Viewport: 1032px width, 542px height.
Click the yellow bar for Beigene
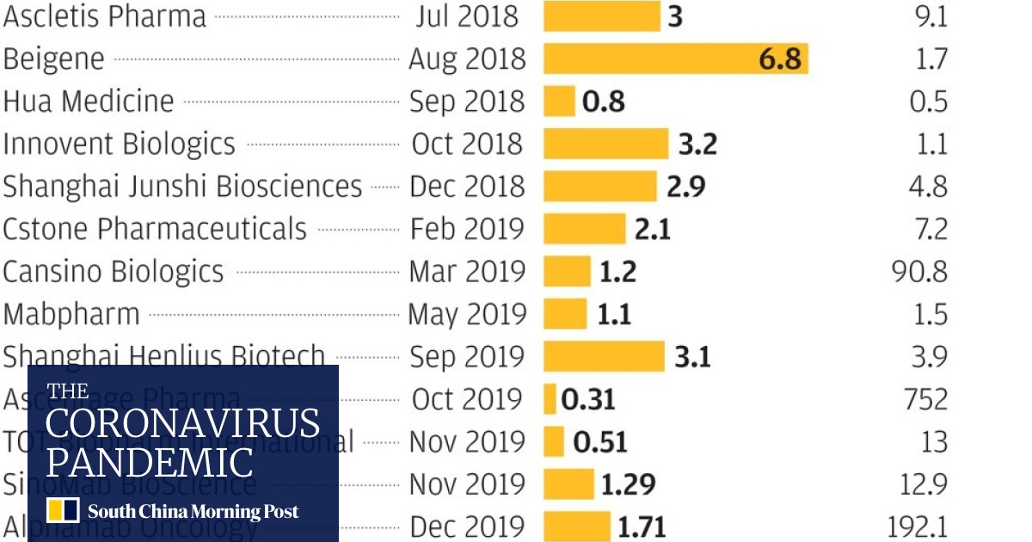point(675,59)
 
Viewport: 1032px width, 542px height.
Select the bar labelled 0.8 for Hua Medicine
point(559,101)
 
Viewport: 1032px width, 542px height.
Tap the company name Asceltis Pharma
point(105,16)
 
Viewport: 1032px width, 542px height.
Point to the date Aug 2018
point(466,59)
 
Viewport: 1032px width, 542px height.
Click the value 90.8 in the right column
point(920,271)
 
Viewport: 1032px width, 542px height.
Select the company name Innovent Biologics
point(119,144)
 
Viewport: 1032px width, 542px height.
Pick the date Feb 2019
point(467,229)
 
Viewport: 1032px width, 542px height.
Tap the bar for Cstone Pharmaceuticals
point(584,229)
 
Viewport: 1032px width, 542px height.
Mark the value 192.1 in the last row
point(917,527)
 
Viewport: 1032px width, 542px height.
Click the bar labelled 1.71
point(576,527)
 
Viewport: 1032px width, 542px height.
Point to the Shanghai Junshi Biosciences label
point(182,186)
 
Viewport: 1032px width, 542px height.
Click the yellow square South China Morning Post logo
point(64,511)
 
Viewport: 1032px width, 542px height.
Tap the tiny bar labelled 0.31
point(550,399)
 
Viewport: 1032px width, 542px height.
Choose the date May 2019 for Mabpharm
point(466,314)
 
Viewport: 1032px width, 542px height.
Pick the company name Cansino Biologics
point(113,271)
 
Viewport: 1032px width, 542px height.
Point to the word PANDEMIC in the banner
point(150,463)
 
